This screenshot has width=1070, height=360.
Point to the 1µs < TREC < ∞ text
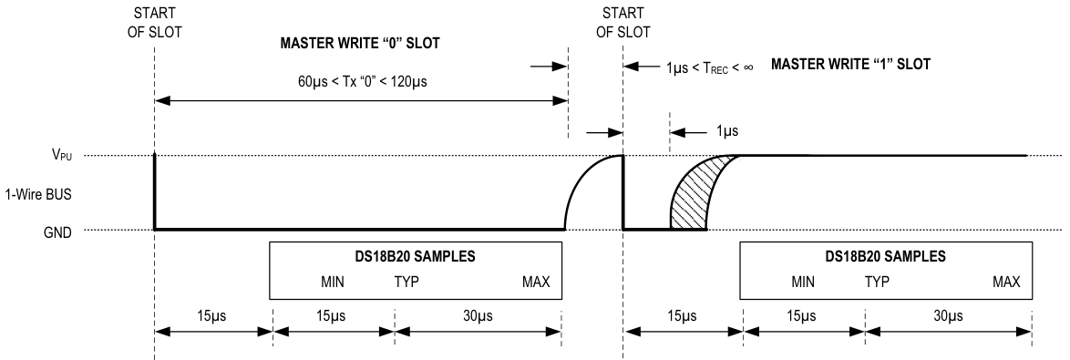[x=694, y=67]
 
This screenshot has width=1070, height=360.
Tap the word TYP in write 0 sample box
[x=406, y=282]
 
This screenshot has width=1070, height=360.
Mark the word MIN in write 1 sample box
[x=803, y=282]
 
